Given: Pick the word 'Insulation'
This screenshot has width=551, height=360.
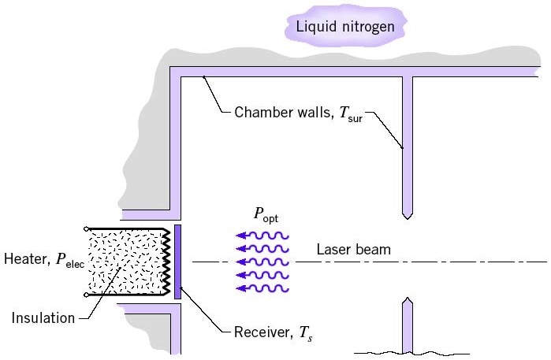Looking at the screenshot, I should coord(43,318).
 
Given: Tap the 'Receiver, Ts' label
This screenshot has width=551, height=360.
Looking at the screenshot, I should coord(273,333).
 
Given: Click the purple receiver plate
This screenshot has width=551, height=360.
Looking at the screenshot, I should coord(178,261).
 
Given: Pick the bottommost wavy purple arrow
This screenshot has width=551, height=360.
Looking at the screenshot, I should coord(263,288).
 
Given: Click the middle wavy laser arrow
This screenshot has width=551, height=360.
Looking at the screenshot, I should coord(263,262).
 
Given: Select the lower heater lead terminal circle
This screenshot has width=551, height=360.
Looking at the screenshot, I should coord(86,295).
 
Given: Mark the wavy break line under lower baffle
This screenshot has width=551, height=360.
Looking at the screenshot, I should coord(410,351).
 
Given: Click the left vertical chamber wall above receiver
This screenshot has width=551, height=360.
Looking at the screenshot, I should coord(177,142).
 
